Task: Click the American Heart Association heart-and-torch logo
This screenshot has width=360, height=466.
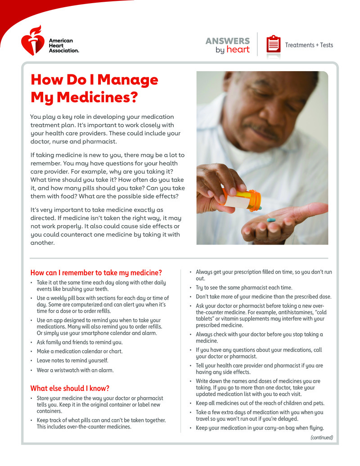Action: [x=33, y=40]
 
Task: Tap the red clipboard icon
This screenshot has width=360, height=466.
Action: [x=273, y=45]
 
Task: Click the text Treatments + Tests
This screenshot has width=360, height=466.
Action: [x=309, y=45]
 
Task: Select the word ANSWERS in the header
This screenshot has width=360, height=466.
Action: [x=227, y=41]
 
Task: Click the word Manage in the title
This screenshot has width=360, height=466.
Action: [x=128, y=80]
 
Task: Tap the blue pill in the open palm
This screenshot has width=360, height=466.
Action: [x=271, y=220]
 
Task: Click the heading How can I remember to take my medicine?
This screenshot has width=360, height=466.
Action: [x=96, y=272]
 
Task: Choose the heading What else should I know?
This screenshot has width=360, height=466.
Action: [x=70, y=388]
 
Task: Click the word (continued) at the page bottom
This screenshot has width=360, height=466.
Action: [x=322, y=437]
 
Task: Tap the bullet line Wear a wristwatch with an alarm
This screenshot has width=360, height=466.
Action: [x=75, y=370]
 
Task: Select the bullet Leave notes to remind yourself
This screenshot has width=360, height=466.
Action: [x=72, y=361]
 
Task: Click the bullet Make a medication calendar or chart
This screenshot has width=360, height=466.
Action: [x=80, y=351]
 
